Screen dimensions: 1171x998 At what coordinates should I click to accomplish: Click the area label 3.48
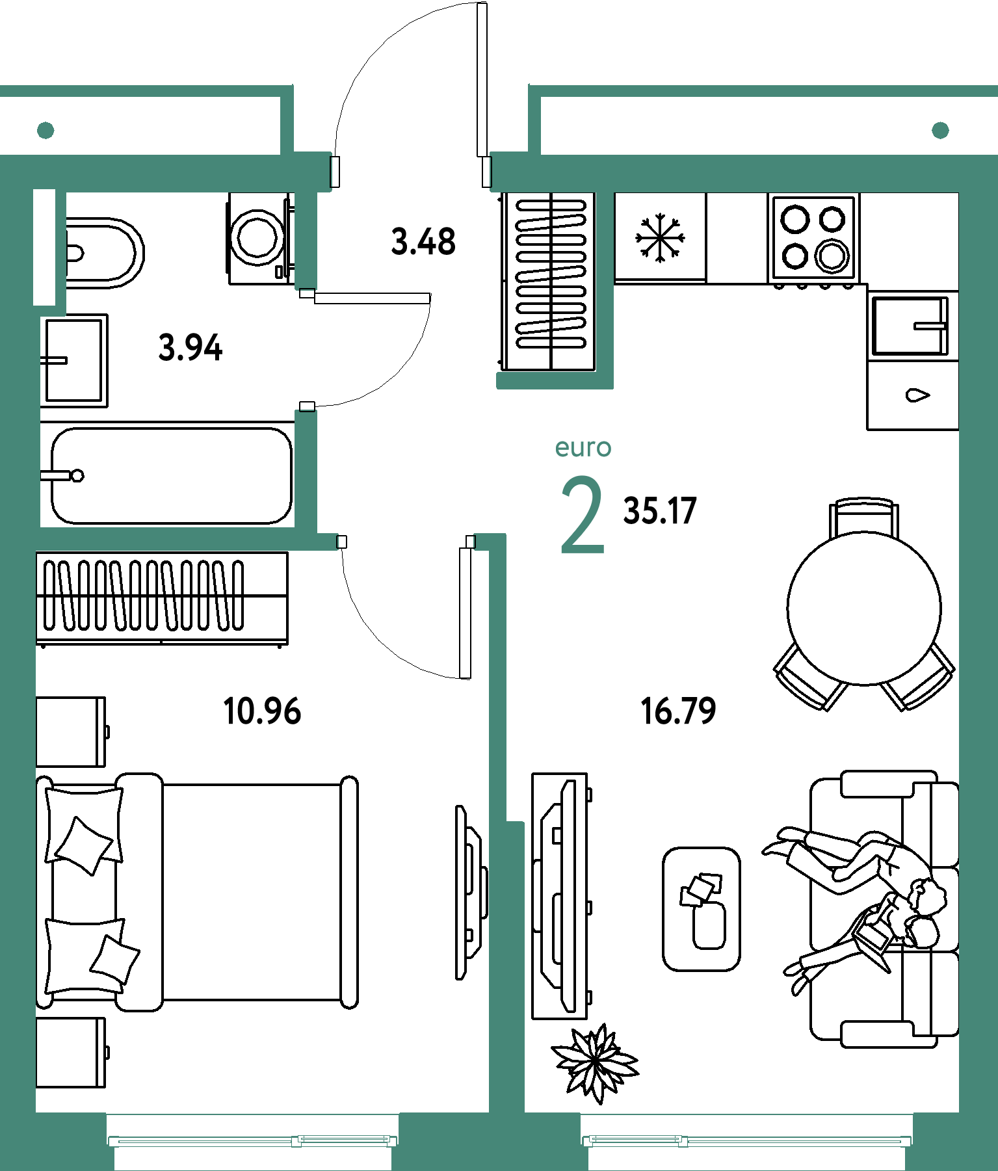click(x=423, y=241)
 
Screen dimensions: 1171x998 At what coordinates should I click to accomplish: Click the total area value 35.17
click(x=660, y=510)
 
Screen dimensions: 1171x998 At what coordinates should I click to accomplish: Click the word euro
click(x=583, y=448)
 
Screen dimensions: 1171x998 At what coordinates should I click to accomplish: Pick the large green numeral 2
click(x=582, y=515)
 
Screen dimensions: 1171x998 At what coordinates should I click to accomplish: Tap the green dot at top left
click(x=46, y=131)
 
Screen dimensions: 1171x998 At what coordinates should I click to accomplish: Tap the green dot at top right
click(x=940, y=131)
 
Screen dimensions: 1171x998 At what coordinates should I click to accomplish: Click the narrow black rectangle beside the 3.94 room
click(x=44, y=246)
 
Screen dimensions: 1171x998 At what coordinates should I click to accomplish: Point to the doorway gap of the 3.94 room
click(x=306, y=350)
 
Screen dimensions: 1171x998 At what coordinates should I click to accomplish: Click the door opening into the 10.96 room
click(x=406, y=542)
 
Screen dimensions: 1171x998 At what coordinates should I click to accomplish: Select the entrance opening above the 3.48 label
click(x=411, y=172)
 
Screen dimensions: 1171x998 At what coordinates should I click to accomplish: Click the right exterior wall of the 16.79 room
click(x=978, y=650)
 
